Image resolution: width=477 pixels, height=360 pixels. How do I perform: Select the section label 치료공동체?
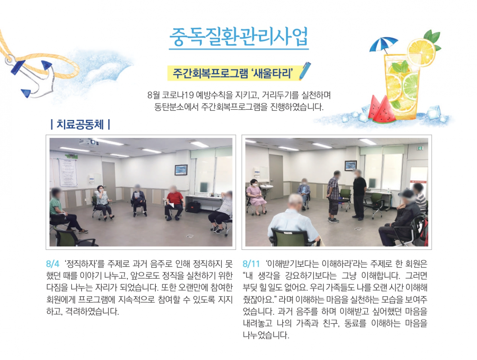point(80,125)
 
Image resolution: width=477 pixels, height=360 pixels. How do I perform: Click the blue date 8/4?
point(52,264)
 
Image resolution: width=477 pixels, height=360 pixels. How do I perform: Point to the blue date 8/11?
point(251,264)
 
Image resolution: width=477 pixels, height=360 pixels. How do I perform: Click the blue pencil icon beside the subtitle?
point(305,71)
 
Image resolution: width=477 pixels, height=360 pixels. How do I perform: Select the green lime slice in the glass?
point(410,83)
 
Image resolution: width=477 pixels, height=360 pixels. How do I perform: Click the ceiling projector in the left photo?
point(89,142)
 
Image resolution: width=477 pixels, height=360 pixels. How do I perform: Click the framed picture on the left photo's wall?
point(181,170)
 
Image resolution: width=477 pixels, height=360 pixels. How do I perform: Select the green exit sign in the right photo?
point(421,148)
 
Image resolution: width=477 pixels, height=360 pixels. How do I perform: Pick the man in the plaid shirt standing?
point(334,196)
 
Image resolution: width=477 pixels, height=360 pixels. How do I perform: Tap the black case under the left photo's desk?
point(193,207)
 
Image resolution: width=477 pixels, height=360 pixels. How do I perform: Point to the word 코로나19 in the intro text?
point(178,95)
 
